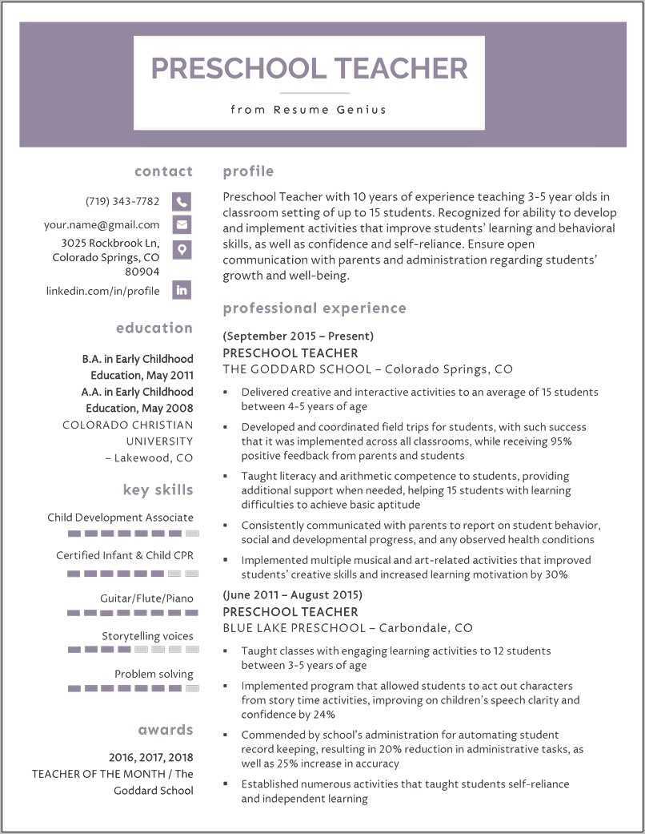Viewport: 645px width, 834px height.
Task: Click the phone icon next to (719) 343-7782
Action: click(x=182, y=202)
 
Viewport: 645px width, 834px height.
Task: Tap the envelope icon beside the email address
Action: click(x=182, y=225)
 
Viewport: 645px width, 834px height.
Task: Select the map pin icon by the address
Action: click(x=182, y=250)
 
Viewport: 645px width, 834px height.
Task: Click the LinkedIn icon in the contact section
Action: click(x=182, y=291)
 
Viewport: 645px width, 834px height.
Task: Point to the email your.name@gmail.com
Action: click(x=102, y=225)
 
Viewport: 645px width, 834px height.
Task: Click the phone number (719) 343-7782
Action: click(x=122, y=201)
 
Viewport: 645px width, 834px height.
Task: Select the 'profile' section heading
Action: click(x=248, y=171)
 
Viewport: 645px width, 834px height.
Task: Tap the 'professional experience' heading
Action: click(x=314, y=308)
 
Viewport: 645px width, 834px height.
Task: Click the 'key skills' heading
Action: click(x=158, y=490)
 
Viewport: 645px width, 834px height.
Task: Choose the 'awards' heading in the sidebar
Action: click(x=165, y=730)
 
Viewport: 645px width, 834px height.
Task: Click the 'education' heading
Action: click(x=154, y=328)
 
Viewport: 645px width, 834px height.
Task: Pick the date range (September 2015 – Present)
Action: click(x=298, y=336)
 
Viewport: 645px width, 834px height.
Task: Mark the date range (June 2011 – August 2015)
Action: click(x=292, y=594)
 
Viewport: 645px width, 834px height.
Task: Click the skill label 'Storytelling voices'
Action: click(x=147, y=636)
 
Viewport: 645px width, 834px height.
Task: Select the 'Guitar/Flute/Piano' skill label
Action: click(x=146, y=598)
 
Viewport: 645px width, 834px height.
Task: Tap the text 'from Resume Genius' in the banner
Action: click(x=308, y=110)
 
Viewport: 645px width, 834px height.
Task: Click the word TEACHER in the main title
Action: click(x=400, y=68)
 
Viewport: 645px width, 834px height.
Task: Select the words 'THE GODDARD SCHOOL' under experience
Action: click(x=297, y=369)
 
